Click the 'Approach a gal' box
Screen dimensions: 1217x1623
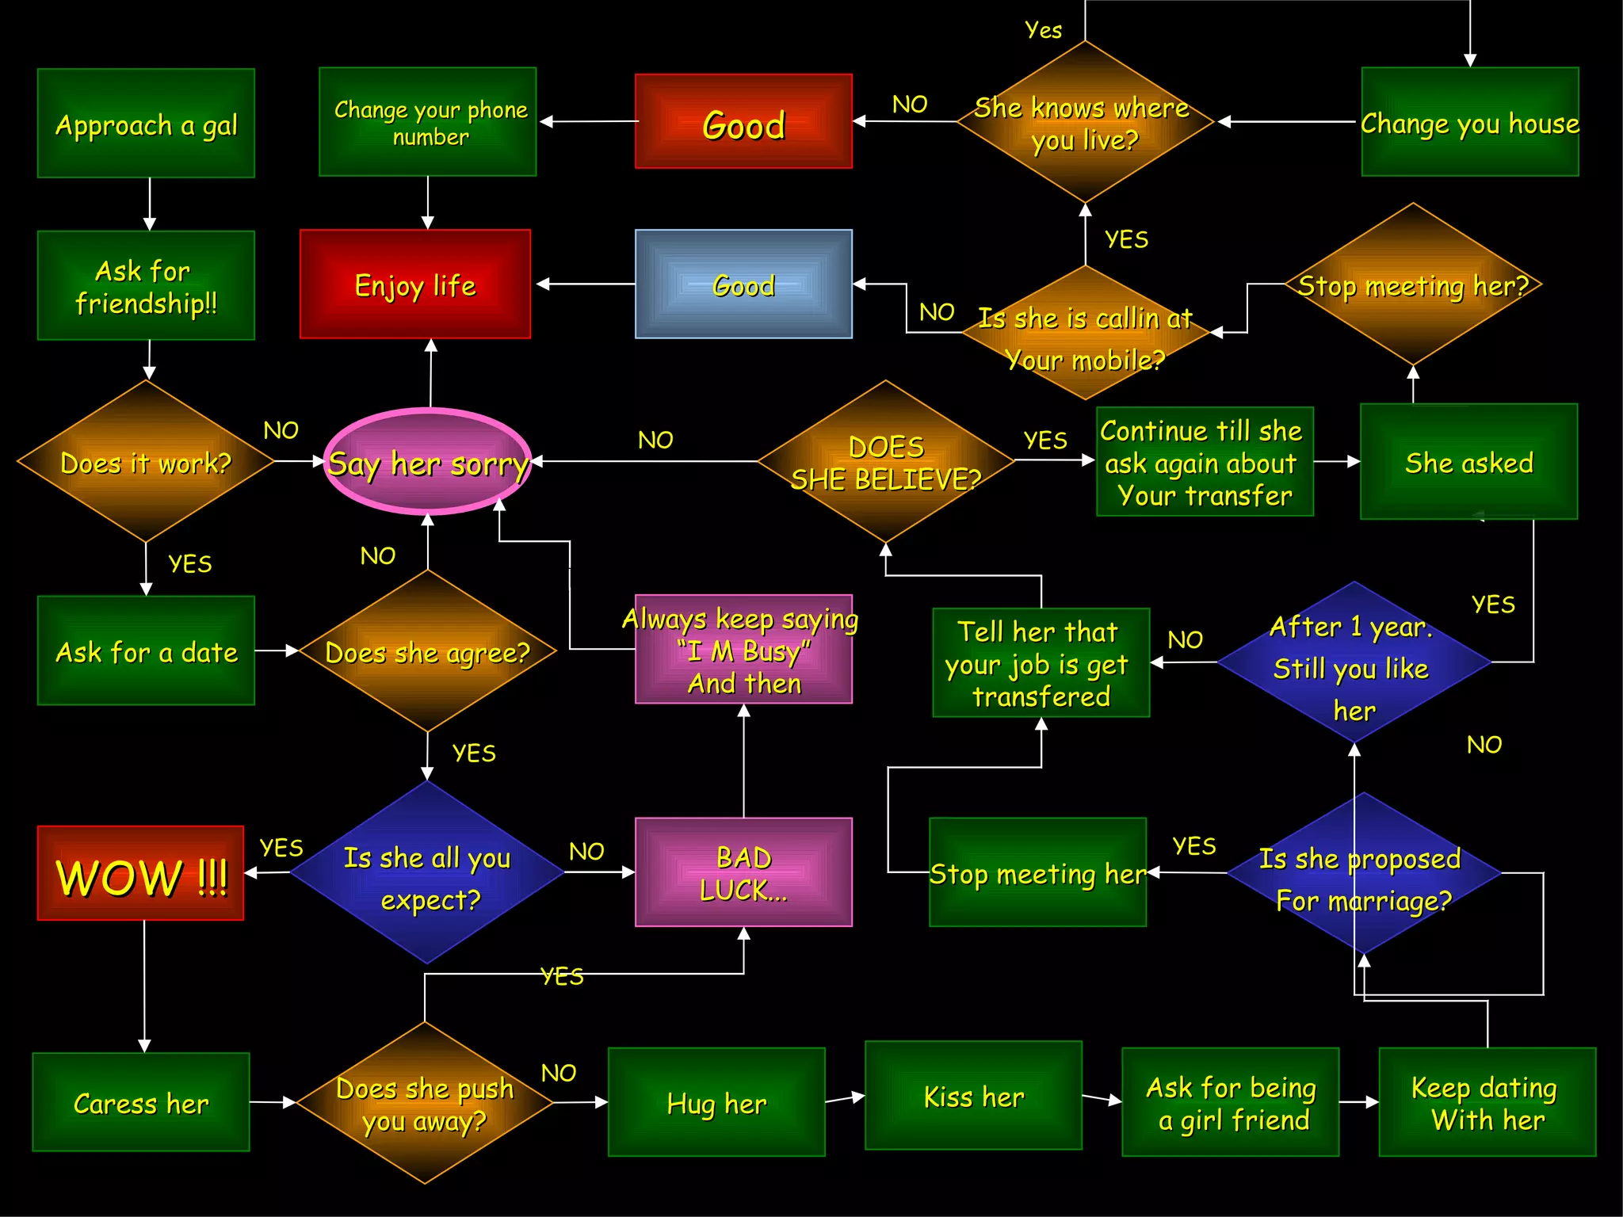click(146, 123)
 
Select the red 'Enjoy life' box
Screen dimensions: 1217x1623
click(415, 284)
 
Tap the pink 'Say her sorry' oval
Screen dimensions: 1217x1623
click(428, 462)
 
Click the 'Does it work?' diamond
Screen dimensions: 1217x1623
click(146, 462)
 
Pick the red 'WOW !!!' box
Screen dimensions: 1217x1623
click(141, 873)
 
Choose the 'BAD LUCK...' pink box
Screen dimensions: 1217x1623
click(743, 872)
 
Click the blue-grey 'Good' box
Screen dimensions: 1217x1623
click(743, 284)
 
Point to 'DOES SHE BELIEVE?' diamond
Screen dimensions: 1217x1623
click(886, 462)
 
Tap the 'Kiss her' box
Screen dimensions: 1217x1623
click(973, 1096)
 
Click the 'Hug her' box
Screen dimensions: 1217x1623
click(716, 1102)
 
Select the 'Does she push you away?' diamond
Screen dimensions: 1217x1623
click(425, 1103)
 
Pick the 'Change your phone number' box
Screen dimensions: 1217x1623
click(428, 122)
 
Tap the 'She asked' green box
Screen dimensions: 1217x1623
click(1468, 462)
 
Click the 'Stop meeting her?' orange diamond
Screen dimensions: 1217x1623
click(1413, 285)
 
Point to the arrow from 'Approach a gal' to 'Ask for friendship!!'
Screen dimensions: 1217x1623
click(149, 204)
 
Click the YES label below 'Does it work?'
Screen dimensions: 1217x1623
click(190, 563)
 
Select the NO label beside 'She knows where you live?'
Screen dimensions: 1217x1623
click(909, 104)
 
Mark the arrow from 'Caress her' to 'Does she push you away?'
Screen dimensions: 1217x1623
click(273, 1102)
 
